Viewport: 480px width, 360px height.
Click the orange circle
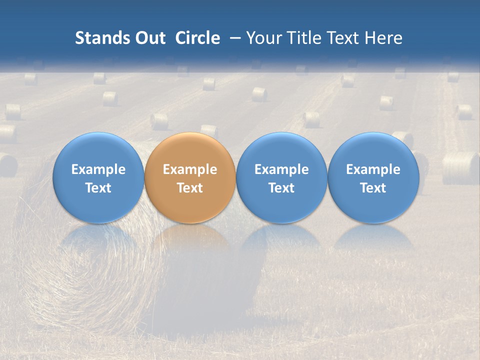click(x=190, y=177)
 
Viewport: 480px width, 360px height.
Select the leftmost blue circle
click(x=98, y=177)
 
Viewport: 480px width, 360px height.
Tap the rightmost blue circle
click(x=373, y=177)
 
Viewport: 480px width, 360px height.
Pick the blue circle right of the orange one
click(x=281, y=177)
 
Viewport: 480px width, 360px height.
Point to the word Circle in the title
click(x=197, y=38)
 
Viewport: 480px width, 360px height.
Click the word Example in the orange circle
click(x=190, y=169)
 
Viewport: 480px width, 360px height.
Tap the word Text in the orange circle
click(x=190, y=188)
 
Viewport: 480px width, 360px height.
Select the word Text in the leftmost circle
click(x=98, y=188)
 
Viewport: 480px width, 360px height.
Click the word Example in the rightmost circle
click(x=373, y=169)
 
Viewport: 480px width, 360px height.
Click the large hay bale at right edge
click(x=460, y=168)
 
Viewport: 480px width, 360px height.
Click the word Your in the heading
click(x=263, y=38)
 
